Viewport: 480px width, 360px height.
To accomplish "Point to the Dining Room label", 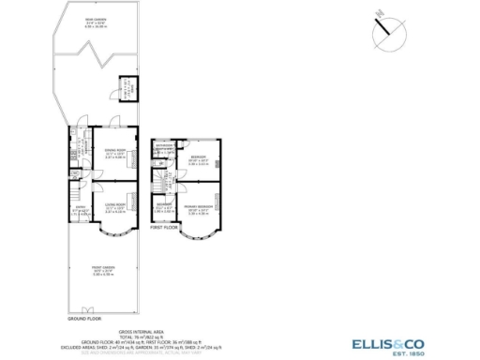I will [114, 154].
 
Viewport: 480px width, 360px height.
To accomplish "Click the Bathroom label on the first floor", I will [164, 146].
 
